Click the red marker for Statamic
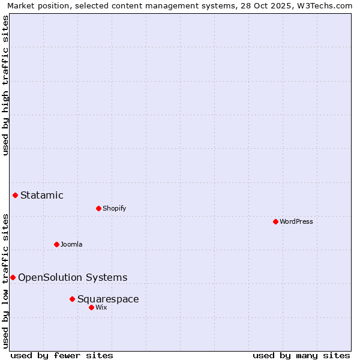coord(15,195)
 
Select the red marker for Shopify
coord(98,208)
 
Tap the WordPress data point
coord(275,221)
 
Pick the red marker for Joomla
coord(56,244)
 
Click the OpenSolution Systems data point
coord(13,277)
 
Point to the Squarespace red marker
coord(72,299)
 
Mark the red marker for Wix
coord(91,307)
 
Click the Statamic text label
coord(42,195)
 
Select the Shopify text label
coord(114,208)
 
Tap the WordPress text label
coord(296,221)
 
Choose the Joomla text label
coord(71,244)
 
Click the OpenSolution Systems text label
coord(73,277)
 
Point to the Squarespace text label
coord(108,299)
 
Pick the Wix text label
coord(101,307)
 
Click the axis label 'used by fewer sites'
coord(62,355)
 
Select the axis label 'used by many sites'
coord(301,355)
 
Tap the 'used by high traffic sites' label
coord(5,85)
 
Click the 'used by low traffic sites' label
coord(5,280)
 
